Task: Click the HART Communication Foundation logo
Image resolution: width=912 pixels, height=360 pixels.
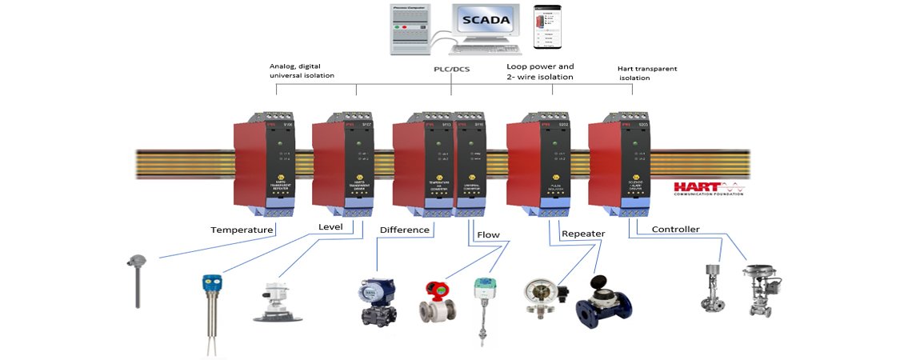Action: [x=707, y=186]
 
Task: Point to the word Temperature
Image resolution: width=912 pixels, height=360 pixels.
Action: [x=242, y=230]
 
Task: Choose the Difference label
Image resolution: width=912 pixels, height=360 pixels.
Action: [x=405, y=230]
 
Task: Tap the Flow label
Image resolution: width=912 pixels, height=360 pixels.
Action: [x=488, y=235]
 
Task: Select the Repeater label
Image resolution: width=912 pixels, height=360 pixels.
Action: [x=583, y=234]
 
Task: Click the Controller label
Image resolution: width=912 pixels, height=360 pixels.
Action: [x=676, y=230]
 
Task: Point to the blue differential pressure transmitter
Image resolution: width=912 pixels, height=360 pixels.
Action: [x=374, y=298]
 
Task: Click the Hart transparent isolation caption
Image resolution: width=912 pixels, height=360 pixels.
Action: [x=647, y=74]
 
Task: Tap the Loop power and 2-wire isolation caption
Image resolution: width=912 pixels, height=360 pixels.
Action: [x=541, y=72]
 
